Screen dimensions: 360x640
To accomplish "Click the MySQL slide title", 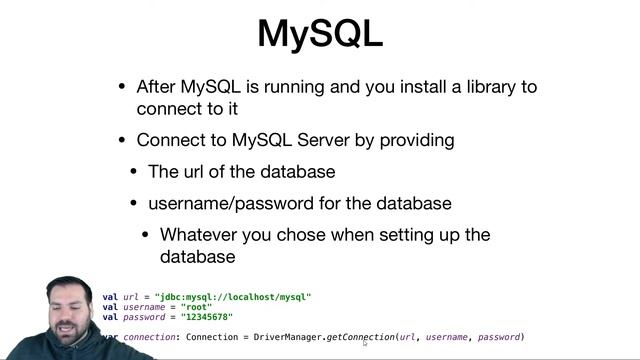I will tap(320, 33).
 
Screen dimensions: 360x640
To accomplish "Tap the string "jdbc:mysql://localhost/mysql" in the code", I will tap(233, 297).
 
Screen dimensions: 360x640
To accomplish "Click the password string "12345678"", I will tap(207, 317).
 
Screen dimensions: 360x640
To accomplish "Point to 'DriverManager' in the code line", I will tap(289, 338).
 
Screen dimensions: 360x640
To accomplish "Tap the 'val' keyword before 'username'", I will tap(109, 307).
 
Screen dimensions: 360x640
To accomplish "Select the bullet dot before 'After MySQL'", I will tap(123, 87).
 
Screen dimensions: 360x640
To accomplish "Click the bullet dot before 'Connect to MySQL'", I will tap(123, 141).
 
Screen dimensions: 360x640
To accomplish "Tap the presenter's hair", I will tap(70, 287).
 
